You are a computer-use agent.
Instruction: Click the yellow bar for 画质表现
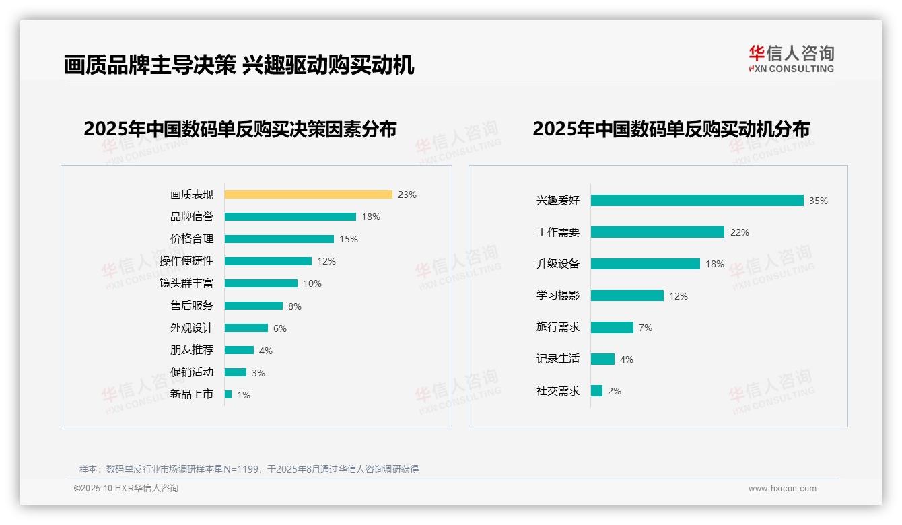tap(308, 195)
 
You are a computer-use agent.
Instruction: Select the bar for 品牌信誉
tap(290, 217)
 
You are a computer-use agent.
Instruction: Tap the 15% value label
tap(349, 239)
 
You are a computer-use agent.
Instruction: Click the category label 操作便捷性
tap(186, 260)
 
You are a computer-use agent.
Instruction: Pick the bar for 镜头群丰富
tap(261, 283)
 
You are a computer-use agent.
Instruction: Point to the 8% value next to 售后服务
tap(295, 306)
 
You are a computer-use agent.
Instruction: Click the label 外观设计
tap(191, 328)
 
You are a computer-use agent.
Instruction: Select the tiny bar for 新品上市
tap(228, 394)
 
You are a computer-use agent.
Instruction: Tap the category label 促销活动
tap(191, 372)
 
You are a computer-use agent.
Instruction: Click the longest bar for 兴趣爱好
tap(697, 201)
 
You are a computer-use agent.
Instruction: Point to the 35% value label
tap(819, 201)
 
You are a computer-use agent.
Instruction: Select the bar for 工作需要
tap(657, 232)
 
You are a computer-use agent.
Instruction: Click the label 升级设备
tap(557, 264)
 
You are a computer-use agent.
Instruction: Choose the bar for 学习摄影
tap(627, 295)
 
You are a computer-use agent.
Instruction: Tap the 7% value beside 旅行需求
tap(645, 328)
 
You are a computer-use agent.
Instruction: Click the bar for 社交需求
tap(596, 390)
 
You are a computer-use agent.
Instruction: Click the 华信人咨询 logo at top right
tap(791, 59)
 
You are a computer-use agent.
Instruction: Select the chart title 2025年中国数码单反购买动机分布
tap(670, 129)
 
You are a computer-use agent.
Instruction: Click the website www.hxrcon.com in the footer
tap(782, 489)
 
